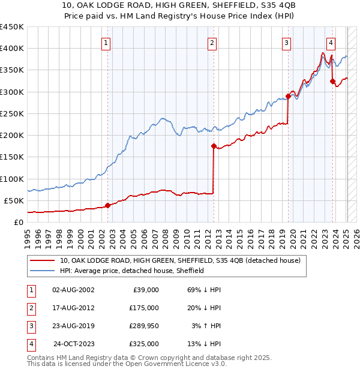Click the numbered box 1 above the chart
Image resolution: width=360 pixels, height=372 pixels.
[x=106, y=43]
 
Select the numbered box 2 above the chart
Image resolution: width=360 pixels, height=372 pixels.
[x=212, y=43]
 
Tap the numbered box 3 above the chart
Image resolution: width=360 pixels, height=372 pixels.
[x=287, y=43]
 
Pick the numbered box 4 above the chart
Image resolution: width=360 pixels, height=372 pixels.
[x=331, y=43]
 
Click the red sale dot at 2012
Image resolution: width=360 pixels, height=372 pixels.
[x=214, y=146]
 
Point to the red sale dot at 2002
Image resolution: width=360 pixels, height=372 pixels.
[x=107, y=205]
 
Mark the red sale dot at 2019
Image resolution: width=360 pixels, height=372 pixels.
[x=288, y=96]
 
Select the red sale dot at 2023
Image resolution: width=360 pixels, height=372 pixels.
[x=332, y=81]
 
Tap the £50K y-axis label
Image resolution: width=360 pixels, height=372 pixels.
[x=14, y=200]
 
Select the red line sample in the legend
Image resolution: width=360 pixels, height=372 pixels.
[x=43, y=260]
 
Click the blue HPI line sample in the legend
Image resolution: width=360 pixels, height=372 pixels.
[x=43, y=271]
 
